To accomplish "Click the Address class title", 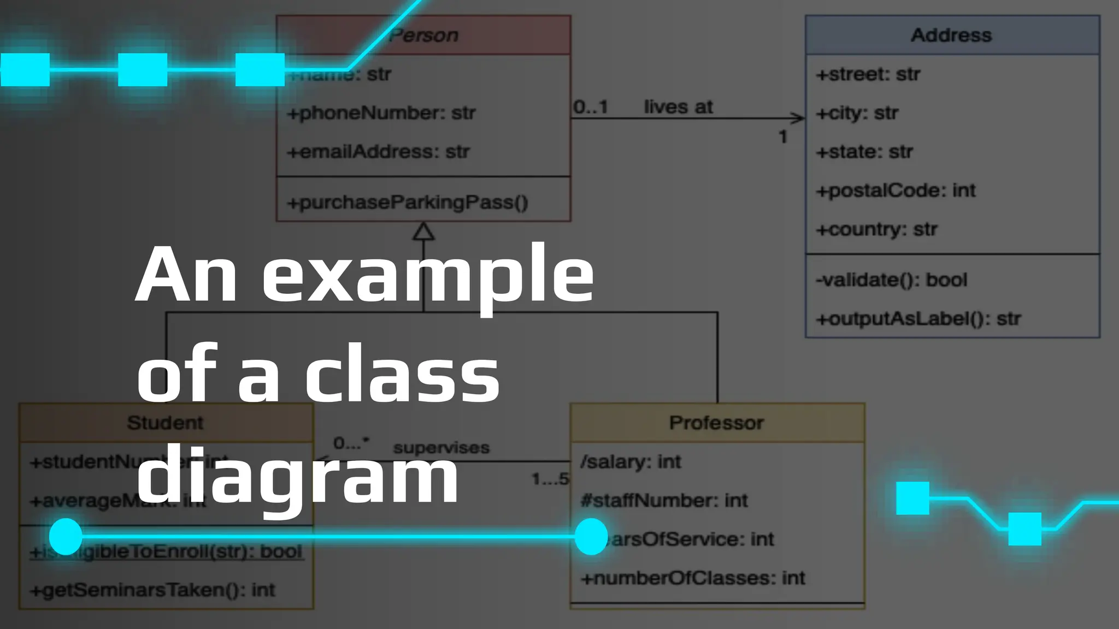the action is click(x=951, y=35).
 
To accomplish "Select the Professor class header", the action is click(x=716, y=423).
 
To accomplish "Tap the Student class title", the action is click(x=165, y=423).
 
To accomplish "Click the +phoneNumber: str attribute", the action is click(x=381, y=113).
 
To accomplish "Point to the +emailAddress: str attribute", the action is click(x=378, y=152).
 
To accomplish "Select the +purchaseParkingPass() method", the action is click(x=408, y=203).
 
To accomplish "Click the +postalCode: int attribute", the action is click(x=896, y=191).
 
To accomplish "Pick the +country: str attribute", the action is click(x=876, y=229).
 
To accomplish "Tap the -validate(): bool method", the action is click(x=891, y=280).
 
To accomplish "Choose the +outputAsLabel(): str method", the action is click(x=918, y=319).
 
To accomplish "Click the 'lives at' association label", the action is click(x=678, y=107).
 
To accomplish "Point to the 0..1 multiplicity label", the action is click(x=591, y=107).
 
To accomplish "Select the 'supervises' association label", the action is click(x=441, y=448).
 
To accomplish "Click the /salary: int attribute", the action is click(x=631, y=462).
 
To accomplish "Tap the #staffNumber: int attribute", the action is click(x=664, y=501).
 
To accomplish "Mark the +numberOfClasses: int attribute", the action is click(x=693, y=578).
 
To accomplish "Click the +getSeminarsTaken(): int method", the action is click(x=152, y=590).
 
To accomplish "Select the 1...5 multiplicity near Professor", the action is click(x=550, y=479).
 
